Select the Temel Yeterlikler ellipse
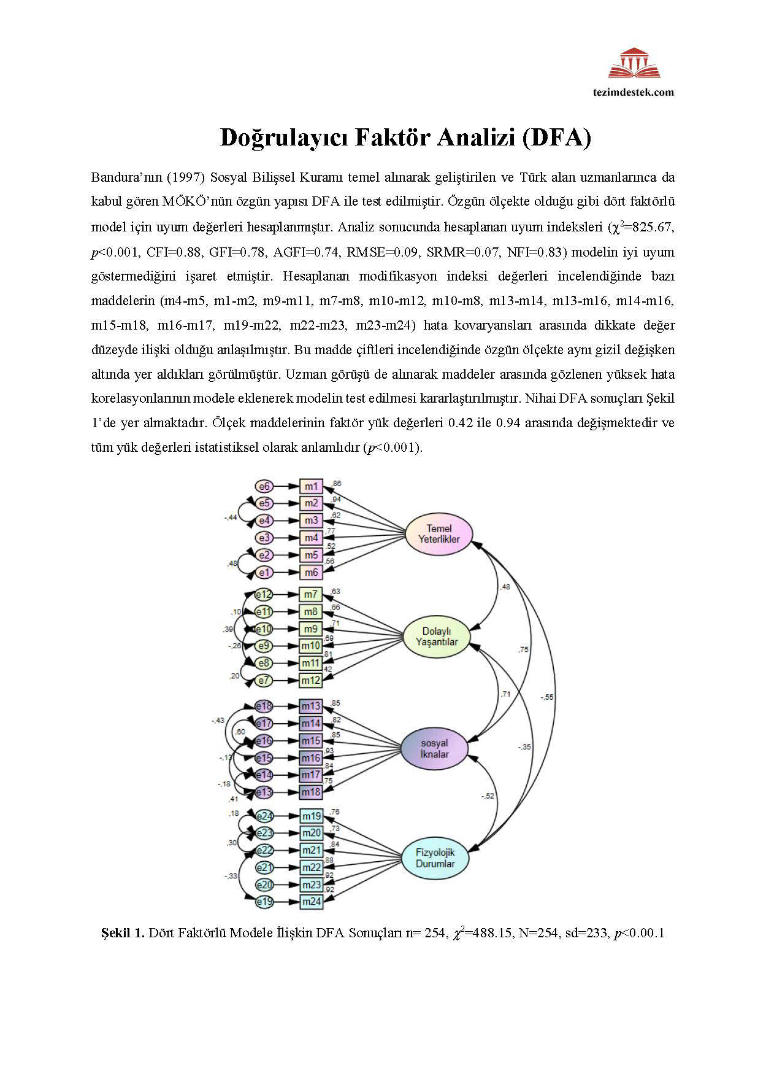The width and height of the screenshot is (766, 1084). [439, 533]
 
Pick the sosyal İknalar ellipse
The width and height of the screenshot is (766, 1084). [434, 749]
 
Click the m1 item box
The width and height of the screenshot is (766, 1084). [311, 487]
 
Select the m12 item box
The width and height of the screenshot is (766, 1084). [311, 680]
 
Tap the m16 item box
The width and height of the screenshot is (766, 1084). [311, 757]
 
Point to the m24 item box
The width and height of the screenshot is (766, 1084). [311, 902]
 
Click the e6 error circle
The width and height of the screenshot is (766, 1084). [264, 487]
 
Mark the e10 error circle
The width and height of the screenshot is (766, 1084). [264, 629]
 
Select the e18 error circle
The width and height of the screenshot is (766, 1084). [264, 706]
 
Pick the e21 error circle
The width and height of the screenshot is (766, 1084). [264, 867]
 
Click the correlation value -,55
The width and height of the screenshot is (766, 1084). [547, 697]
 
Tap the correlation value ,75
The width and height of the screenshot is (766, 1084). [523, 649]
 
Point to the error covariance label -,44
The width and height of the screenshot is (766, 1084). [231, 517]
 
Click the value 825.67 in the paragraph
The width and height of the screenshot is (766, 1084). [651, 227]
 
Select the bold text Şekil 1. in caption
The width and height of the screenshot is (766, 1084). [123, 934]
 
